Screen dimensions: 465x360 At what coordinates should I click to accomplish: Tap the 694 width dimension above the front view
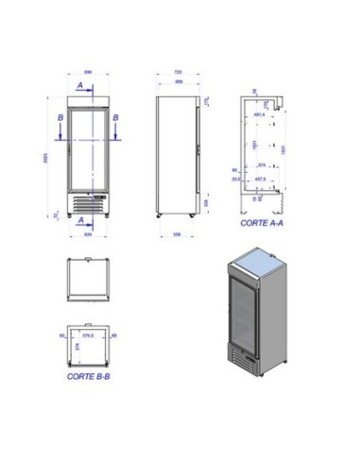87,73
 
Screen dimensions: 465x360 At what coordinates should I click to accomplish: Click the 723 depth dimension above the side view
179,73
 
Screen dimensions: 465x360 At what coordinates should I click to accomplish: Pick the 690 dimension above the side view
178,81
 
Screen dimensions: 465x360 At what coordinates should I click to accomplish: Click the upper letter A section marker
80,84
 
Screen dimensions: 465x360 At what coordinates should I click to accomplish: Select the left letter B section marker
60,117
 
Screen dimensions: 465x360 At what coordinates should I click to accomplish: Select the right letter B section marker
115,117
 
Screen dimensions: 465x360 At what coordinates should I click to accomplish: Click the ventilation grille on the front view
89,201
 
